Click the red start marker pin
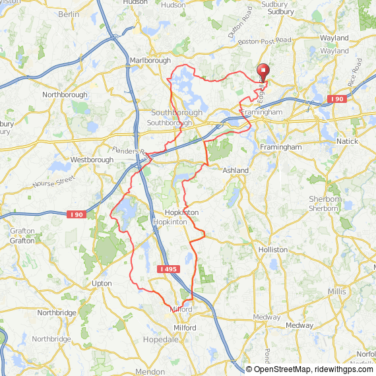(x=263, y=71)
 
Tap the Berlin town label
(x=69, y=14)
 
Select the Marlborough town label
(x=150, y=61)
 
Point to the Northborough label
(x=65, y=95)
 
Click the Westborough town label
(x=88, y=160)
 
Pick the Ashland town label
(x=235, y=171)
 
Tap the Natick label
(x=347, y=142)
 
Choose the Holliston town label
(x=273, y=250)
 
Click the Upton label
(x=102, y=283)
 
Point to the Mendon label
(x=150, y=372)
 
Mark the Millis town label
(x=336, y=291)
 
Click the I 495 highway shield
(x=168, y=269)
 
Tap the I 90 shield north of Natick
(x=336, y=99)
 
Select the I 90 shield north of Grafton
(x=76, y=214)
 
